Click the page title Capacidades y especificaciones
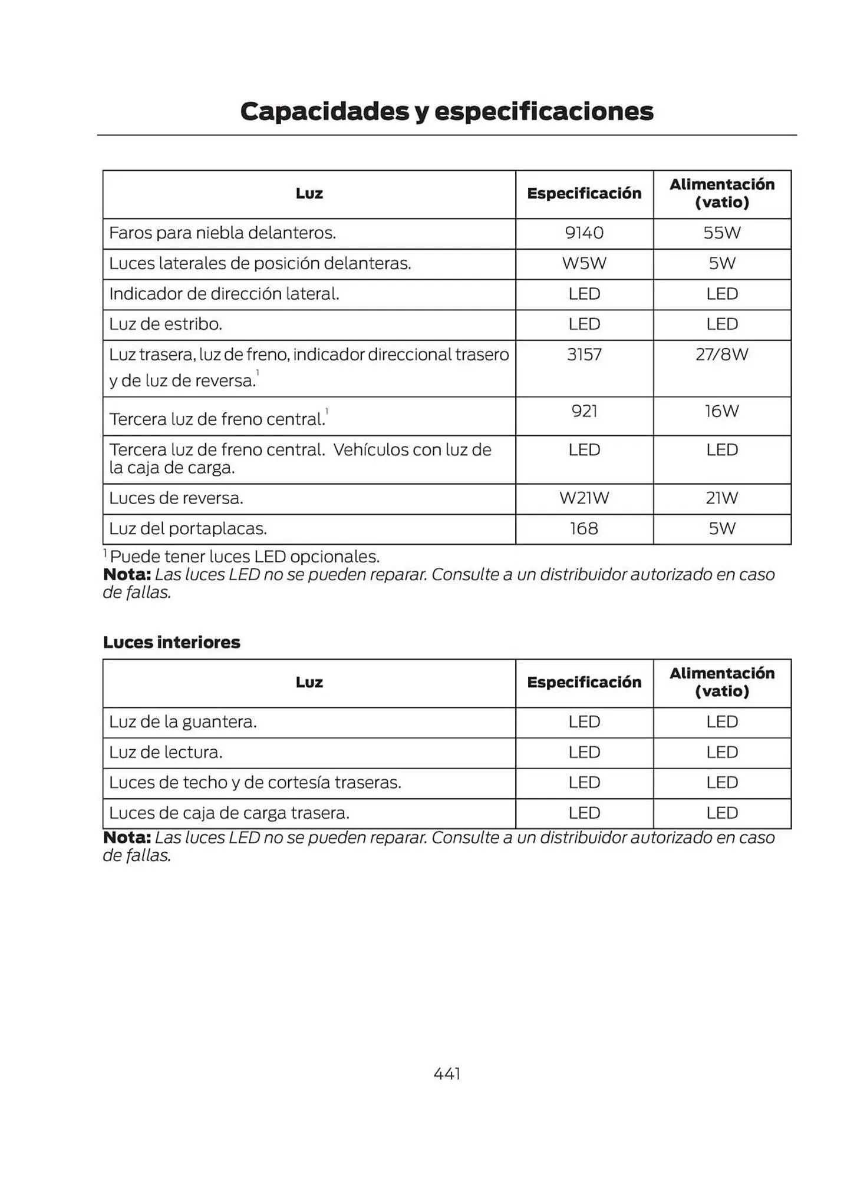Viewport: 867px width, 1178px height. pos(446,111)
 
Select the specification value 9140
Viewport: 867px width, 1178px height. pos(584,233)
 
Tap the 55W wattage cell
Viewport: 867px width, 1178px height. pos(721,233)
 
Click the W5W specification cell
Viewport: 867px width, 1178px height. pos(584,263)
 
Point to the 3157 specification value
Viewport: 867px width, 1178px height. pos(584,355)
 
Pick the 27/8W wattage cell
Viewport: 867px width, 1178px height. pos(721,355)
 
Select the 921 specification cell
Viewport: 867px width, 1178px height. pos(584,411)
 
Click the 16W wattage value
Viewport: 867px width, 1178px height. pos(721,411)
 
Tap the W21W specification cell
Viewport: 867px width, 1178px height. pos(584,498)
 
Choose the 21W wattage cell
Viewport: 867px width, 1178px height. pos(721,498)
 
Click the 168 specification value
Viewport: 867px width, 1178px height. pos(584,529)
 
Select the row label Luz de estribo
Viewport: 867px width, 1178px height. pos(166,325)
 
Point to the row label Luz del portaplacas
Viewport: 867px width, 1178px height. pos(188,529)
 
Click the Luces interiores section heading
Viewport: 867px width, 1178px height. pos(172,642)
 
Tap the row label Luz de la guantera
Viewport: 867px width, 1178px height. pos(183,722)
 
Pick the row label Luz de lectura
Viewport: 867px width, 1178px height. pos(166,753)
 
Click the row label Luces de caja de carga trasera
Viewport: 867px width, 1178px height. pos(229,813)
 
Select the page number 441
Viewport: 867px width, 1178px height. pos(447,1074)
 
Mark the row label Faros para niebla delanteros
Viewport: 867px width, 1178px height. pos(222,233)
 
